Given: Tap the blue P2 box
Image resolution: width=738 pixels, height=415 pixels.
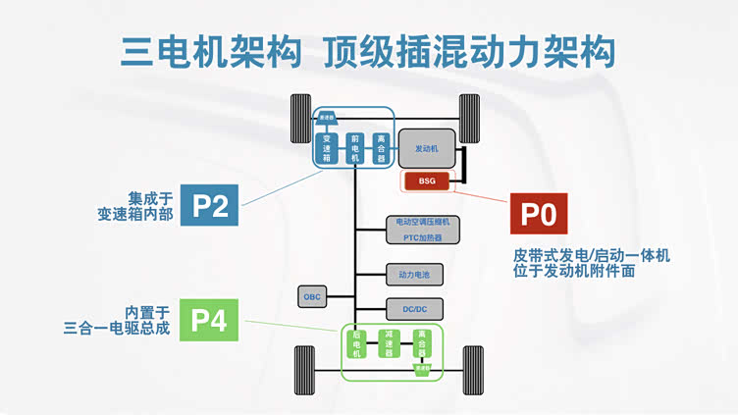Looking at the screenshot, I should tap(210, 205).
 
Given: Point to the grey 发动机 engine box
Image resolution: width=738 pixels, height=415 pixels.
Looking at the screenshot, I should tap(426, 147).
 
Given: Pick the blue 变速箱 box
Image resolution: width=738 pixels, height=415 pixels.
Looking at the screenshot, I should tap(328, 148).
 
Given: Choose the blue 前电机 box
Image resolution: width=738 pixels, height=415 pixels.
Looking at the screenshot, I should tap(355, 148).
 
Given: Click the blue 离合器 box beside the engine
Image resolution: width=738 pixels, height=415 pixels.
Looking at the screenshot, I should tap(381, 148).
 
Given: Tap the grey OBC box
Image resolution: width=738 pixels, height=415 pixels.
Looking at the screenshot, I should tap(313, 295).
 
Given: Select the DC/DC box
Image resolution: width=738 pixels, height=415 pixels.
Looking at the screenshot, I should tap(415, 309).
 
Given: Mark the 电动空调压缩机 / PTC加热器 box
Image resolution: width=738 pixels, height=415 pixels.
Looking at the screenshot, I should tap(422, 230).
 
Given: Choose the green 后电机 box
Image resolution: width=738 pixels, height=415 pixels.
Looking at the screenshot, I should tap(357, 344).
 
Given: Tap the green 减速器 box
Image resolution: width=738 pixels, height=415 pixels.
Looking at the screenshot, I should tap(390, 344).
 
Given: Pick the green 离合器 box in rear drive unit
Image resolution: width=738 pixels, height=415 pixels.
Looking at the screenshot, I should tap(422, 344).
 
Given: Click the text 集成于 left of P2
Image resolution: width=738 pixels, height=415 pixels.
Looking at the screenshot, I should tap(150, 195).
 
